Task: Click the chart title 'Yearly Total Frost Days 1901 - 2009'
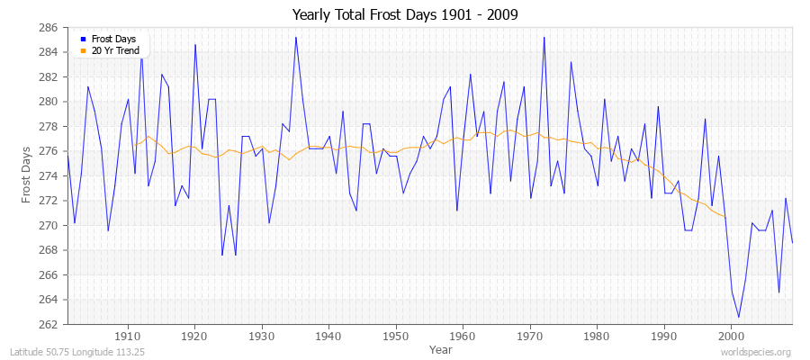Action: pos(405,15)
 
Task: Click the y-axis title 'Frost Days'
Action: pos(26,176)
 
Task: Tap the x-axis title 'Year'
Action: pos(441,348)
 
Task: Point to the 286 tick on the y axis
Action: pos(50,28)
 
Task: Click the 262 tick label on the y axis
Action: pos(50,324)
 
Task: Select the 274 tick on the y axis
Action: pos(50,175)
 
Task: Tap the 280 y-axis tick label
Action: pos(50,102)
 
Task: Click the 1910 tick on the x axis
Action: pos(128,336)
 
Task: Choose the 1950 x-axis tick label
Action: pos(395,336)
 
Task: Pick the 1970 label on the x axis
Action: pos(529,336)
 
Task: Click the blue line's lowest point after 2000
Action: pos(739,317)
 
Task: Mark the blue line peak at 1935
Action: pos(295,37)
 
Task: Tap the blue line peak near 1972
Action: pos(544,37)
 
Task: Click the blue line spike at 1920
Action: pos(195,44)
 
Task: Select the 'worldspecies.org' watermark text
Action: pos(758,353)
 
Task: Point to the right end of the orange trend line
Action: pos(725,217)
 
